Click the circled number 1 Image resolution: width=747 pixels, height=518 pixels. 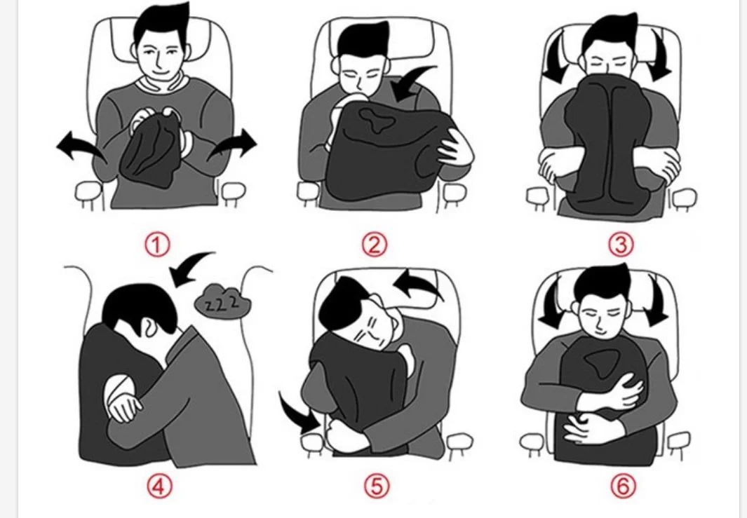click(156, 245)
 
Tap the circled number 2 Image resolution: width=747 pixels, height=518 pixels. click(375, 245)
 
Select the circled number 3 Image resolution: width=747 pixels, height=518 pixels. click(621, 245)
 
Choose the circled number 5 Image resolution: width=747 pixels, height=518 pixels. click(377, 486)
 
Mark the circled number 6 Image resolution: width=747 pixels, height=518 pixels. click(623, 486)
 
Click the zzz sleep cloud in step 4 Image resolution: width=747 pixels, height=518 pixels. click(223, 300)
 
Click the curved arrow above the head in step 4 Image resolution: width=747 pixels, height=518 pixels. click(188, 266)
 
